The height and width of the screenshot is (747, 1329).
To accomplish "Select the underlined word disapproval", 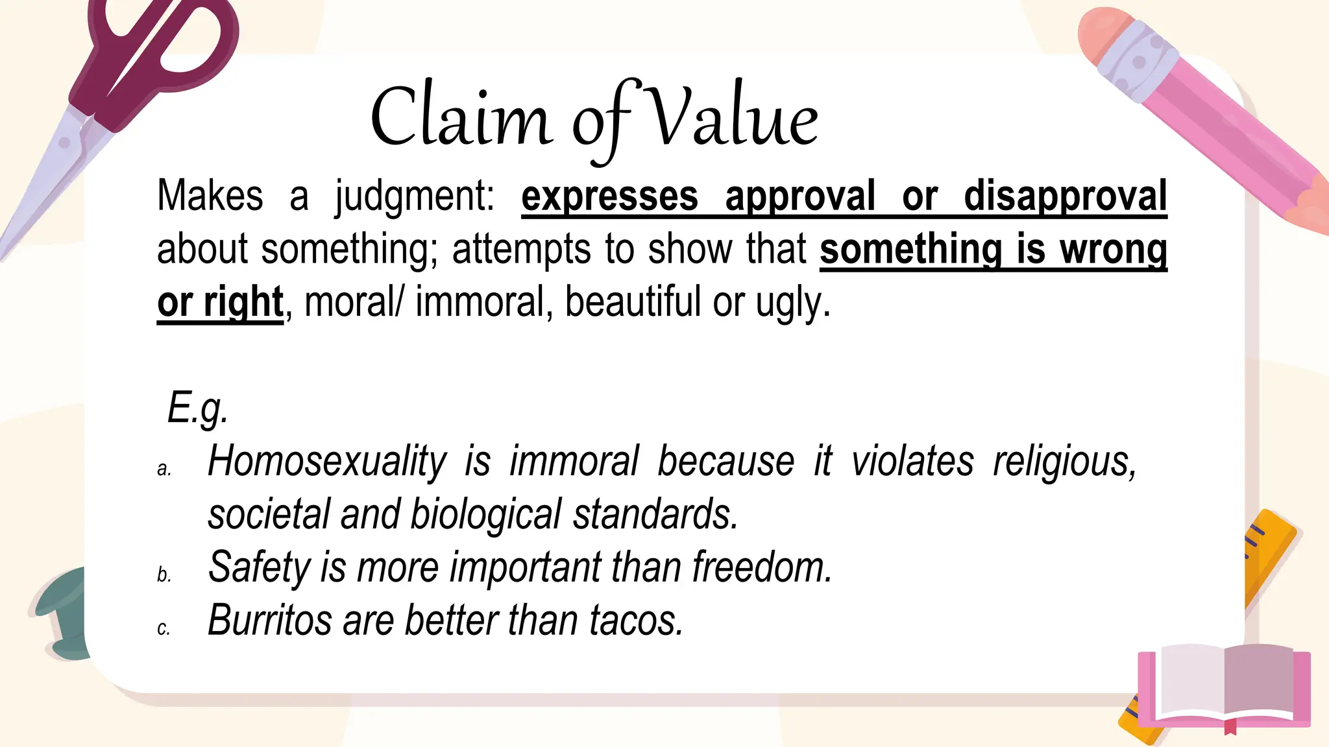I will coord(1065,196).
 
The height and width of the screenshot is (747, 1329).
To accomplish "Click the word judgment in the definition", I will coord(414,196).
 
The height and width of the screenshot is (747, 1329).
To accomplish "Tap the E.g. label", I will coord(197,409).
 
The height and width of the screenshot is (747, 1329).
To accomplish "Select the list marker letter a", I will coord(164,469).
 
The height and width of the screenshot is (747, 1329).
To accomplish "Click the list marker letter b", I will coord(164,575).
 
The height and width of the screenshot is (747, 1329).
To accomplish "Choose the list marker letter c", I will coord(164,628).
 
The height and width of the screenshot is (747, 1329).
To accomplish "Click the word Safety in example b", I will coord(260,567).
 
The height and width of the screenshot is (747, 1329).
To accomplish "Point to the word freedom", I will coord(762,567).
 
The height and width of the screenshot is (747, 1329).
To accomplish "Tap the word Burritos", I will coord(270,620).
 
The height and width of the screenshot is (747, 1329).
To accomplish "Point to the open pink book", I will coord(1224,687).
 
